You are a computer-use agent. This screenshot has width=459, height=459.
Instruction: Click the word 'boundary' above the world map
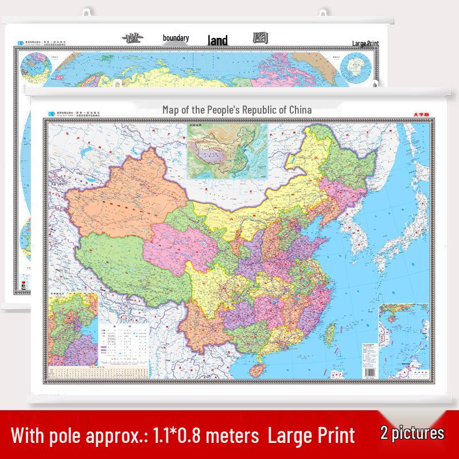click(176, 38)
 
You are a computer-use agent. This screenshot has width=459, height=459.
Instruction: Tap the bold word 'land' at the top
click(218, 40)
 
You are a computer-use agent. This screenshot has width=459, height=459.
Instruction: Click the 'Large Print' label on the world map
click(366, 43)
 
